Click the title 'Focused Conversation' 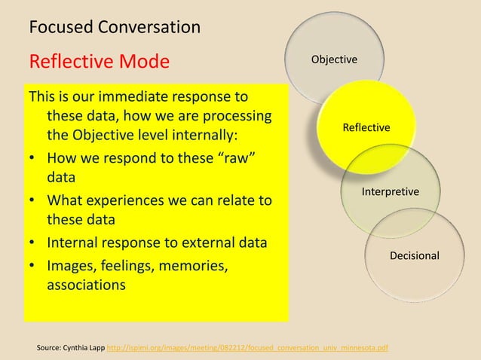point(114,28)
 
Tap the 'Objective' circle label point(335,59)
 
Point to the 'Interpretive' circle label point(391,193)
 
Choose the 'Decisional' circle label point(414,256)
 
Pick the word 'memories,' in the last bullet point(194,266)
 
